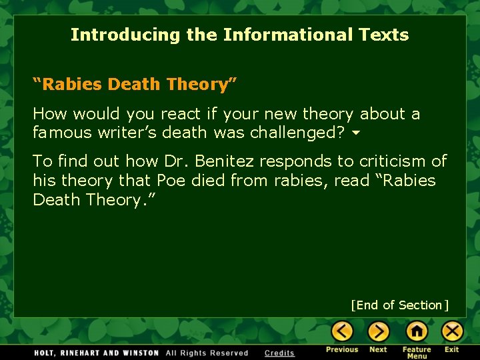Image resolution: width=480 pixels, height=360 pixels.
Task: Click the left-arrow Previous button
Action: tap(342, 331)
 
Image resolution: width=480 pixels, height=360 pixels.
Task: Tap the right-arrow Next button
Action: tap(378, 331)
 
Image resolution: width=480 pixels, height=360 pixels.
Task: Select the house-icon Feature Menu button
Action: tap(417, 331)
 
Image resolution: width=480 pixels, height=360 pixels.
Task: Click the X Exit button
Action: tap(452, 331)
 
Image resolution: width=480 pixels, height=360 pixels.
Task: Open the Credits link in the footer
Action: tap(279, 353)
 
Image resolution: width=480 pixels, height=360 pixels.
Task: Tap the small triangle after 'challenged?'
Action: tap(356, 133)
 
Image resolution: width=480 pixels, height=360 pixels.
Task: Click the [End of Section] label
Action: tap(400, 305)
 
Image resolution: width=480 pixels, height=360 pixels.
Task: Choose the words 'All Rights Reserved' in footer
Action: tap(207, 353)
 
